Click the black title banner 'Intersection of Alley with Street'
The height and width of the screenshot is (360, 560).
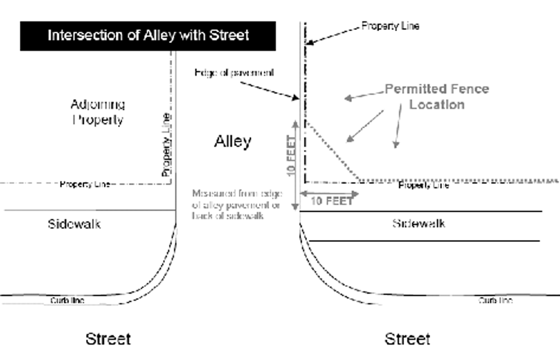(148, 36)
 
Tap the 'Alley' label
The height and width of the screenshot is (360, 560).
(232, 141)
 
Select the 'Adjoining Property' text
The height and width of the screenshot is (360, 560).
(98, 112)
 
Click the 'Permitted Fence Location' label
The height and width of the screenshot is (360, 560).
(437, 96)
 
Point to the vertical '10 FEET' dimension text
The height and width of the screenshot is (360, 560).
(291, 155)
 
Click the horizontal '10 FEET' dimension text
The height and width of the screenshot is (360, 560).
(332, 201)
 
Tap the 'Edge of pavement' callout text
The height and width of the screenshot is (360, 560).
(234, 73)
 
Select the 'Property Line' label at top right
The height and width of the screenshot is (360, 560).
(390, 26)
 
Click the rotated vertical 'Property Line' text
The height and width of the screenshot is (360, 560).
(166, 145)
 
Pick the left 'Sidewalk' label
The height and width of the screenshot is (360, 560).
(74, 224)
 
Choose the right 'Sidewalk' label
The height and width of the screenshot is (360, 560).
(418, 223)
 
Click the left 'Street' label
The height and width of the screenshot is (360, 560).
(108, 339)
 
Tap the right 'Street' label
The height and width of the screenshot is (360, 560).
(407, 339)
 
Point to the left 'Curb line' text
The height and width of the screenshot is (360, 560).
(67, 300)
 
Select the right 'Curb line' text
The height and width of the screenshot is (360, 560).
(495, 300)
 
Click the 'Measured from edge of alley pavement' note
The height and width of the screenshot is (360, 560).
(237, 204)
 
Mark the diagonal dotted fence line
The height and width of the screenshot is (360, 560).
(332, 151)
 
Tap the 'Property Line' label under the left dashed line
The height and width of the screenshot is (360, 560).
(84, 184)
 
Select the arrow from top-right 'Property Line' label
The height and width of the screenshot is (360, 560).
(332, 35)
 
